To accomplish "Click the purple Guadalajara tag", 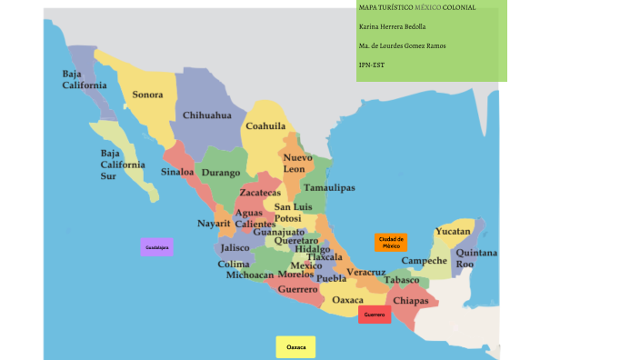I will pyautogui.click(x=157, y=246).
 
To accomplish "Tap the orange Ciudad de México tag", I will pyautogui.click(x=390, y=243).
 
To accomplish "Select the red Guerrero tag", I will pyautogui.click(x=374, y=315).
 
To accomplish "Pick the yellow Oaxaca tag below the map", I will pyautogui.click(x=295, y=347).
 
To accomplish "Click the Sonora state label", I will pyautogui.click(x=147, y=95).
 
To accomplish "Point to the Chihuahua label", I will pyautogui.click(x=207, y=115).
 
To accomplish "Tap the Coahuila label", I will pyautogui.click(x=265, y=126).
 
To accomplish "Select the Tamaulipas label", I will pyautogui.click(x=329, y=187).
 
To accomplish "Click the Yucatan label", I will pyautogui.click(x=453, y=232).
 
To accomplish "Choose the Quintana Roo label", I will pyautogui.click(x=476, y=257).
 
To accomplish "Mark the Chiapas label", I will pyautogui.click(x=411, y=300).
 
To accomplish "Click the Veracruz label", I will pyautogui.click(x=366, y=272).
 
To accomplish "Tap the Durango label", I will pyautogui.click(x=220, y=172).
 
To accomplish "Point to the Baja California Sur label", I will pyautogui.click(x=122, y=165).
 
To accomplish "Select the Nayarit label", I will pyautogui.click(x=214, y=223).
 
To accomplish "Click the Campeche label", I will pyautogui.click(x=424, y=260).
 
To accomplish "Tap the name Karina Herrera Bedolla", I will pyautogui.click(x=393, y=26).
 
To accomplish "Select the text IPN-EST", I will pyautogui.click(x=372, y=65).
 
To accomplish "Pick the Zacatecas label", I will pyautogui.click(x=260, y=193).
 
